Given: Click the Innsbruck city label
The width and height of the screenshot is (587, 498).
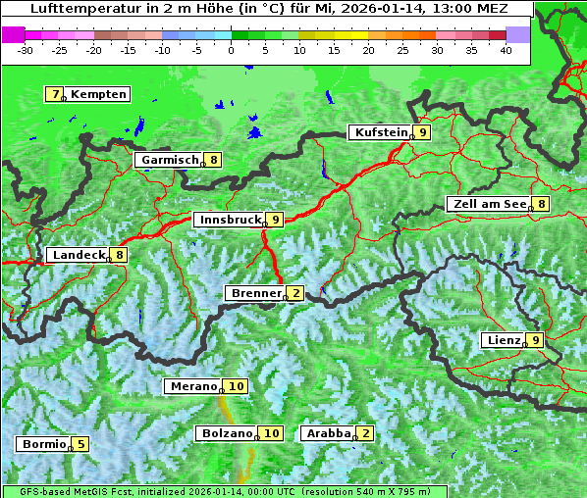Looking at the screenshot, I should click(x=229, y=220).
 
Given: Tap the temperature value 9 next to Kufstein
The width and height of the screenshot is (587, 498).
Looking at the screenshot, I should click(x=422, y=132).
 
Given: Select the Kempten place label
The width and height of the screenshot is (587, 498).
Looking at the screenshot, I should click(x=98, y=94).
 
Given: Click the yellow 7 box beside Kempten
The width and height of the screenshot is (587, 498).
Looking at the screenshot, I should click(x=55, y=94).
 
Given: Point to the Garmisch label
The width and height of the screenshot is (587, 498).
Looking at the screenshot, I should click(x=169, y=159).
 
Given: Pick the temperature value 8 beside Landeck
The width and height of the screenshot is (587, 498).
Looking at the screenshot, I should click(x=119, y=255).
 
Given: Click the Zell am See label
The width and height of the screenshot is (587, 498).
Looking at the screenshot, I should click(x=487, y=204).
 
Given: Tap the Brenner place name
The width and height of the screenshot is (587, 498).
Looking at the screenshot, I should click(x=255, y=293).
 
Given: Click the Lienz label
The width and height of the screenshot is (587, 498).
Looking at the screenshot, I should click(x=503, y=340).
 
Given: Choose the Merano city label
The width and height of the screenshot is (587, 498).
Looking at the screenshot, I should click(x=192, y=386).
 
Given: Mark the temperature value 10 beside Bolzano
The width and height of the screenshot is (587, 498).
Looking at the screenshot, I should click(x=272, y=433).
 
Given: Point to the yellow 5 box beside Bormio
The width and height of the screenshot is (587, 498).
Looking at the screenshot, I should click(x=80, y=444).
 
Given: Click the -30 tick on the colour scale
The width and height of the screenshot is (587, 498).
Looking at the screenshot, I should click(x=26, y=50).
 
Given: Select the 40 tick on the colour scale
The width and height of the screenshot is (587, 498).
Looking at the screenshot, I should click(x=506, y=50).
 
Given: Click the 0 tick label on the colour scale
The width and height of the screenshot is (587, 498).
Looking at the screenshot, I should click(x=231, y=50).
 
